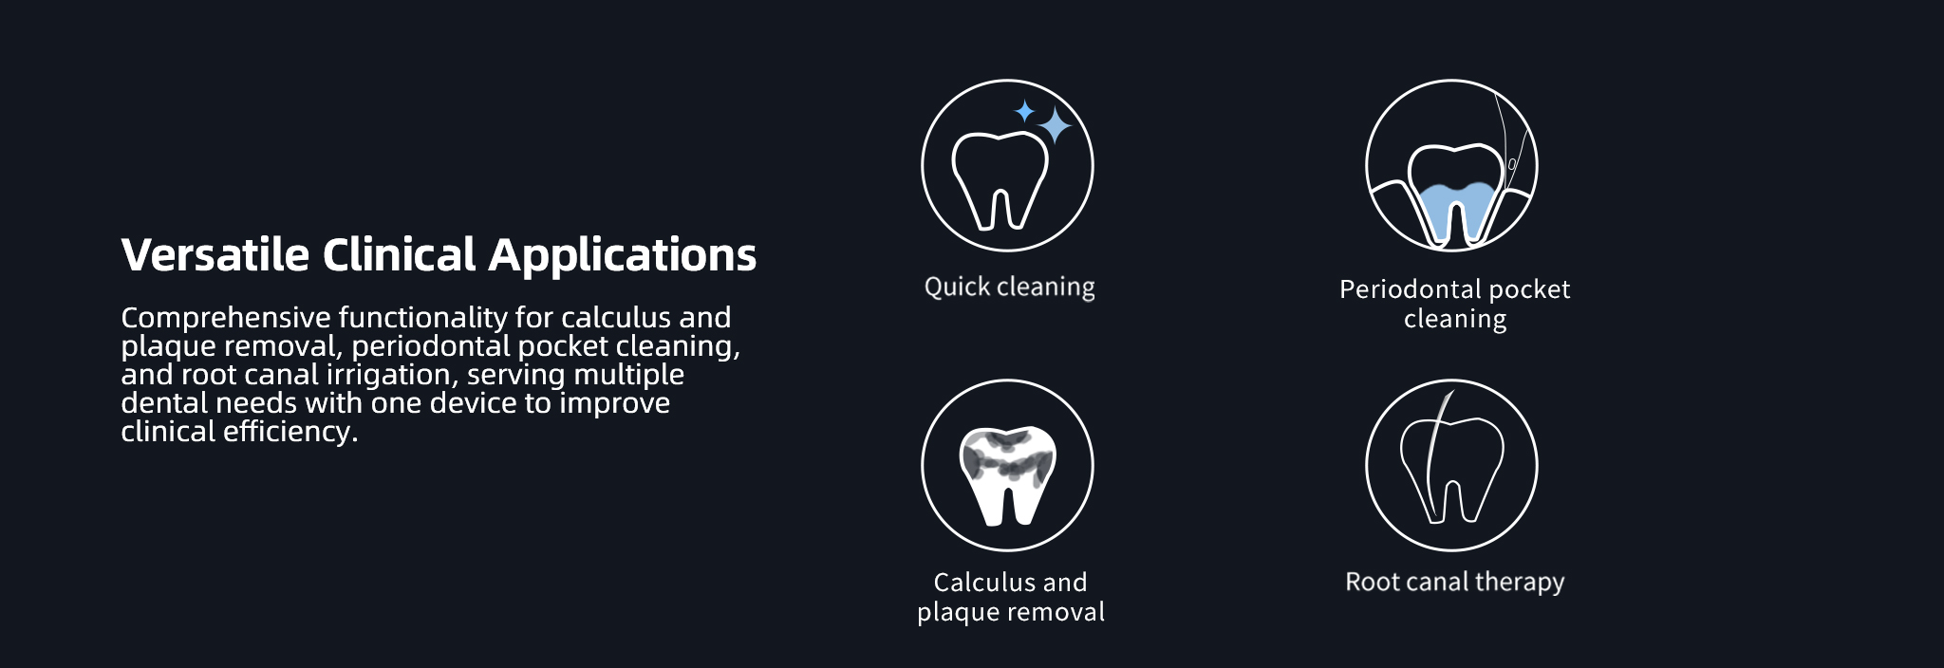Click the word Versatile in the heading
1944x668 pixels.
point(215,254)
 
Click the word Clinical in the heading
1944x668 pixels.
point(399,254)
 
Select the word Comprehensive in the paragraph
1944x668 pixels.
point(226,318)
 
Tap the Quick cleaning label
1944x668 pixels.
point(1009,288)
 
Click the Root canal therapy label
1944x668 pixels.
point(1454,582)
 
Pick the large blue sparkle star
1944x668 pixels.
point(1054,124)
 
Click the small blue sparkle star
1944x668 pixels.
point(1024,112)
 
